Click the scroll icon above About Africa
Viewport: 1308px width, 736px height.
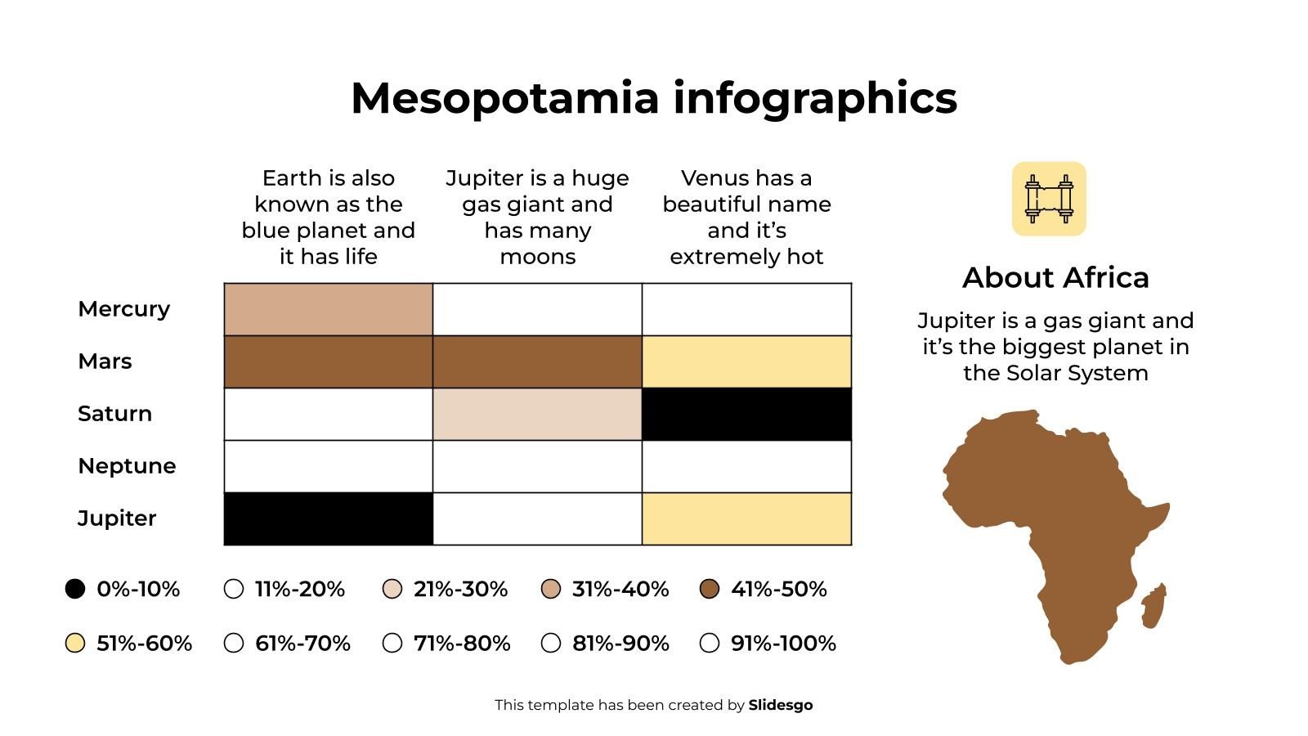click(x=1049, y=199)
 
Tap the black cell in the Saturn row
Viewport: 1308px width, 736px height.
click(x=746, y=414)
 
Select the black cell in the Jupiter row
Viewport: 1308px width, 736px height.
click(x=328, y=518)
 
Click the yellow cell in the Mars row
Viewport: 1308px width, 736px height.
click(x=746, y=361)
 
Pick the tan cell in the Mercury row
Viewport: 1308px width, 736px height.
click(x=328, y=309)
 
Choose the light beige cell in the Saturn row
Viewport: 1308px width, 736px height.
click(x=537, y=414)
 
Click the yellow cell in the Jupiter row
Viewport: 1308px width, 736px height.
click(x=746, y=518)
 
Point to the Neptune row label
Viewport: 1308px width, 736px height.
click(x=127, y=466)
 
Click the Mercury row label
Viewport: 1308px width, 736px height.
click(x=123, y=309)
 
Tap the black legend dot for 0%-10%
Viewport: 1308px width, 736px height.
click(x=75, y=589)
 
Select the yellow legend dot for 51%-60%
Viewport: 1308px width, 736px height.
click(x=75, y=643)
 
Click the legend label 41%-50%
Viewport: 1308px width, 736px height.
click(x=778, y=589)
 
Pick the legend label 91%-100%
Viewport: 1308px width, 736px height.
click(x=783, y=643)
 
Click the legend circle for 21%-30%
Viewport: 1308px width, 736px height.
click(x=392, y=589)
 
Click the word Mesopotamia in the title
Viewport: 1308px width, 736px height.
click(x=504, y=98)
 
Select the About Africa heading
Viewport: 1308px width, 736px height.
click(x=1055, y=278)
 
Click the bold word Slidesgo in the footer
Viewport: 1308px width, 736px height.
click(x=780, y=705)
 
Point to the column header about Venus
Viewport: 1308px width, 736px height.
click(x=746, y=217)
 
